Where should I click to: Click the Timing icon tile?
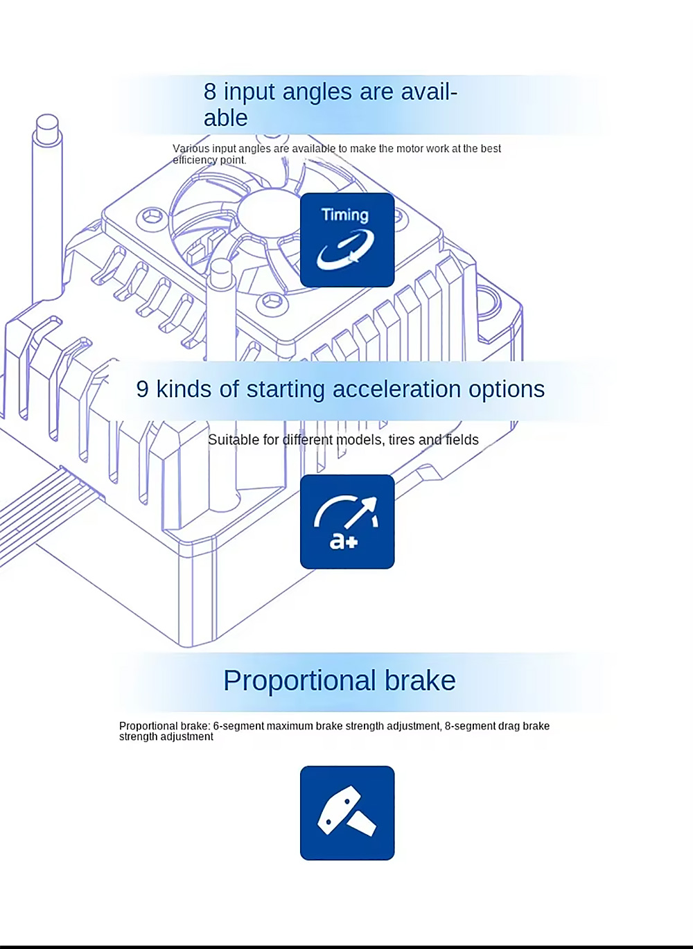pyautogui.click(x=347, y=240)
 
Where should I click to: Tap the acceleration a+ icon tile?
pyautogui.click(x=347, y=522)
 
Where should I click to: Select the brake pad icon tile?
pyautogui.click(x=347, y=813)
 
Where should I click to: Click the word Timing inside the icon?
pyautogui.click(x=345, y=215)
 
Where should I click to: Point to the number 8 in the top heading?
pyautogui.click(x=209, y=91)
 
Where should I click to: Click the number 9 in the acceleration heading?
pyautogui.click(x=142, y=389)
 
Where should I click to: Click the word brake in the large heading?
pyautogui.click(x=420, y=681)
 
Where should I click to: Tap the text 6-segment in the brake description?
pyautogui.click(x=238, y=726)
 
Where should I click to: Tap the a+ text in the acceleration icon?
pyautogui.click(x=344, y=540)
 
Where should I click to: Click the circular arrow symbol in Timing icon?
pyautogui.click(x=345, y=249)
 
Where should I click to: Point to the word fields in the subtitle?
pyautogui.click(x=462, y=440)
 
